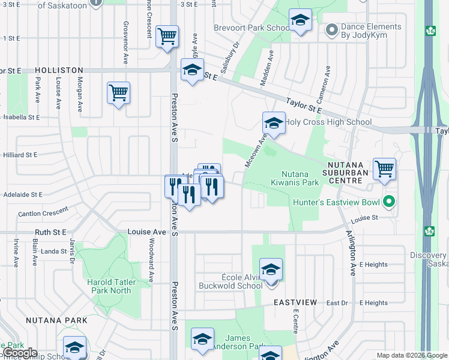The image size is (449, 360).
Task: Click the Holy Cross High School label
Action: point(328,122)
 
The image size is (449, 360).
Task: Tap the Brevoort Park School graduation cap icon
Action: point(300,22)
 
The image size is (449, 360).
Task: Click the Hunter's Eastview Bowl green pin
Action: point(389,202)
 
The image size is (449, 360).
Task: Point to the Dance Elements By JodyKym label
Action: point(371,31)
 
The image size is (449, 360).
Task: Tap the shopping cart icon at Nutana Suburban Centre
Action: point(384,169)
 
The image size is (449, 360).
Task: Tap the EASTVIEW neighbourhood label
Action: point(295,302)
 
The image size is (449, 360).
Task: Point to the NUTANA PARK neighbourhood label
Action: point(57,320)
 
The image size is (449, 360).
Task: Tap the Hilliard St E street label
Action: point(19,155)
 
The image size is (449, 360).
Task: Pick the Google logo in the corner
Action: point(19,353)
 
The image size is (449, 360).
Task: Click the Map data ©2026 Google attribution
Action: point(411,355)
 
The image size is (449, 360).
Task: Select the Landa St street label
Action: point(54,251)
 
